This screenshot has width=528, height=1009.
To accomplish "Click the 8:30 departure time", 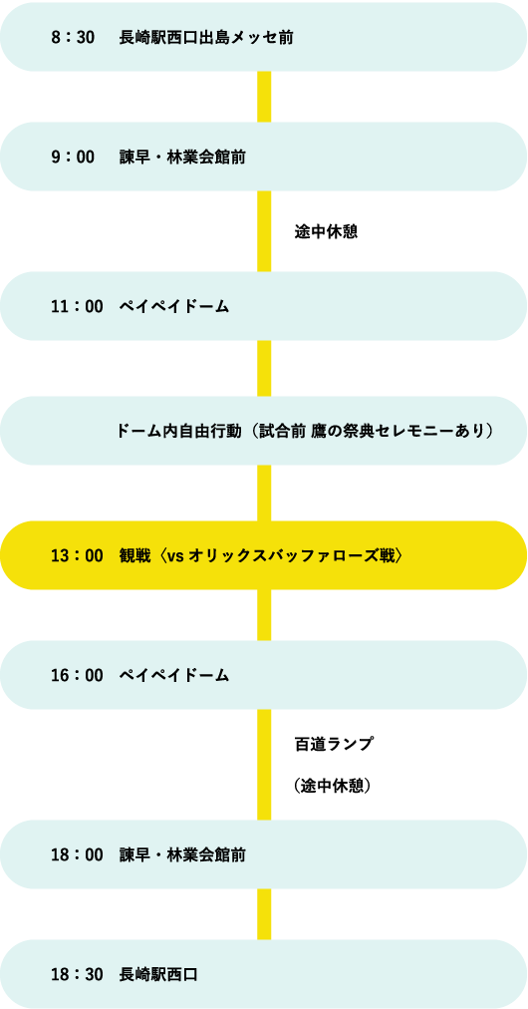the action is (72, 37).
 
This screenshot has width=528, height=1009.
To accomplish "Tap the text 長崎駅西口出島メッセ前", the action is (206, 37).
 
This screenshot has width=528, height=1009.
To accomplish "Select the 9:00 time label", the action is (72, 157).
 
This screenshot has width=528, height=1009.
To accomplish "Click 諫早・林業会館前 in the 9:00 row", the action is (182, 157).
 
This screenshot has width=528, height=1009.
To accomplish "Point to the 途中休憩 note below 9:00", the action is (326, 231).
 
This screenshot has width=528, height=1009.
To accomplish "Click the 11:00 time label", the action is (77, 307).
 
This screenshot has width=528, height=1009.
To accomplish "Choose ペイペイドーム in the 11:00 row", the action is (173, 307).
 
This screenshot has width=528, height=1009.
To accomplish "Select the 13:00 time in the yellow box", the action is (77, 555).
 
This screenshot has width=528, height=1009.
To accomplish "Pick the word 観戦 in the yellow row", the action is (135, 555).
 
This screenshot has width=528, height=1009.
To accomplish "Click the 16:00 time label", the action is (77, 675).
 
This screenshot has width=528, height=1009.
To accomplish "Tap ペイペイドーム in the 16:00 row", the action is (173, 675).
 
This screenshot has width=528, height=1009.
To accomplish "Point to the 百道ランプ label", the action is (334, 744).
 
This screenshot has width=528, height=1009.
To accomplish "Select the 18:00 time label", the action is (77, 855).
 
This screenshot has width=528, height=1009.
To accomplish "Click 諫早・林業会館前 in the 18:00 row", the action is (182, 855).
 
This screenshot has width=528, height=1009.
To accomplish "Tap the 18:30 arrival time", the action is (77, 975).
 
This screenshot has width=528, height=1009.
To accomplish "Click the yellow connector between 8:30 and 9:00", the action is (264, 97).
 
